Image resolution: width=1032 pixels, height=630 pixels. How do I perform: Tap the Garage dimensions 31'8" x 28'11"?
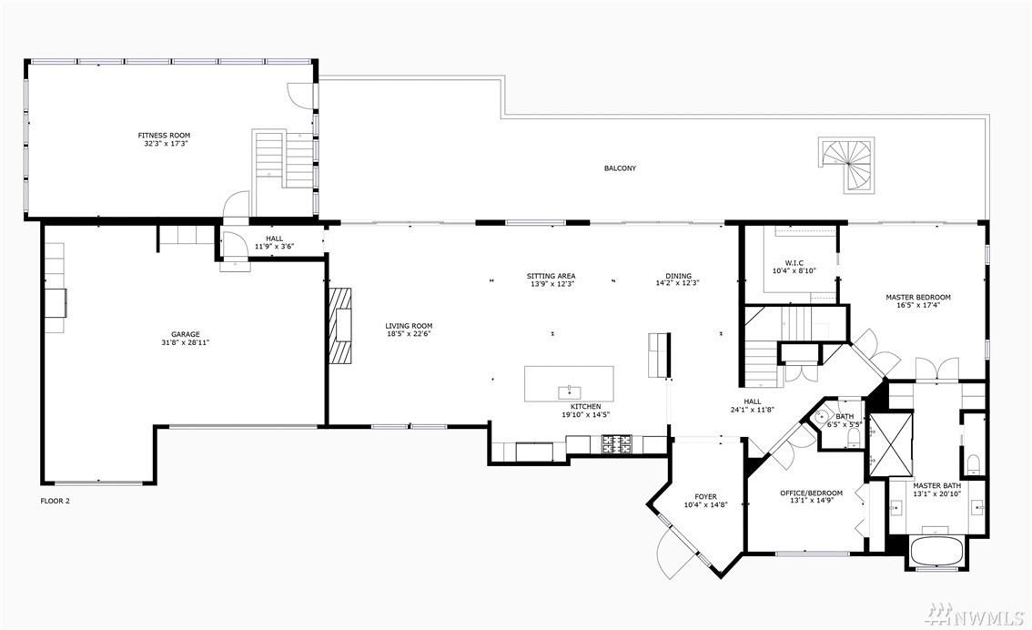pos(186,342)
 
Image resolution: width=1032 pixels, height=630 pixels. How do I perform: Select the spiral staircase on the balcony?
pos(847,165)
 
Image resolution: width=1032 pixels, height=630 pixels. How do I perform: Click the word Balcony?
pos(620,168)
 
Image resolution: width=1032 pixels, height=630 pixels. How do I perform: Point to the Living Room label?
pos(409,325)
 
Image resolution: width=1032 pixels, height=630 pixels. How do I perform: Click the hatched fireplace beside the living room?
pos(341,325)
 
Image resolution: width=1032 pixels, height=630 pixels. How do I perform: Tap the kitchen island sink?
pos(569,392)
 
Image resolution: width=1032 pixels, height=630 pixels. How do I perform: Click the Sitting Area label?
pos(551,276)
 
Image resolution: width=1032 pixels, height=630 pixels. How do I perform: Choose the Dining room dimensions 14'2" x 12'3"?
pos(677,284)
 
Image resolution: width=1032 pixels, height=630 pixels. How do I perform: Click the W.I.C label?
pos(794,263)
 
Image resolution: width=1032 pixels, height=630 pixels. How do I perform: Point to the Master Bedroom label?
pos(918,297)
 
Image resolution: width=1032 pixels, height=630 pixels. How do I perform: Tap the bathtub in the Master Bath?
pos(936,550)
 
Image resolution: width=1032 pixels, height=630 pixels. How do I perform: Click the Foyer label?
pos(705,497)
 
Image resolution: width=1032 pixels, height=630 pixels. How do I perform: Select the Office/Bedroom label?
pos(811,493)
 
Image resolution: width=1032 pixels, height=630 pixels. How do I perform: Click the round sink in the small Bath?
pos(821,417)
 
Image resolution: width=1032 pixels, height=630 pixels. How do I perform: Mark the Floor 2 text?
pos(56,501)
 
